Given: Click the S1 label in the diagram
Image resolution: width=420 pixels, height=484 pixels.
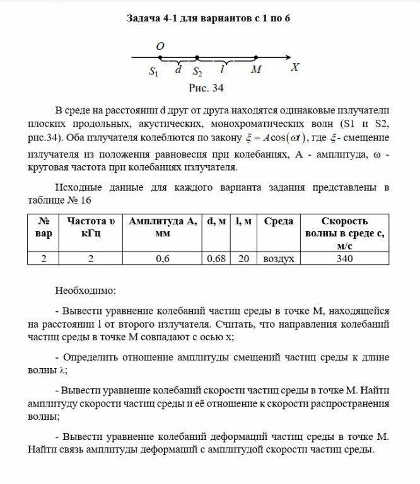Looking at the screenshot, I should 154,71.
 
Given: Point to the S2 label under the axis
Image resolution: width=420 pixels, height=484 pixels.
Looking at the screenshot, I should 197,71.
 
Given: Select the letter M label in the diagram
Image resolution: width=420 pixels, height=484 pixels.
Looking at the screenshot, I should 255,70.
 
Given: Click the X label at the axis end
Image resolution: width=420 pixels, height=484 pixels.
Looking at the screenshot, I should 295,66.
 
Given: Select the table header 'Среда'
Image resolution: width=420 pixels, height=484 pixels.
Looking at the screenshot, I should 278,221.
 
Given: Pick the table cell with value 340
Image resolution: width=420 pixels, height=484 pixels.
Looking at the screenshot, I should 344,258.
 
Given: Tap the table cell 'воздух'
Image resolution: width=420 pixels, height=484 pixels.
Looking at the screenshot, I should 278,258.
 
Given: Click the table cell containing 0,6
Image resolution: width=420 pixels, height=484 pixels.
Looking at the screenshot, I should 163,258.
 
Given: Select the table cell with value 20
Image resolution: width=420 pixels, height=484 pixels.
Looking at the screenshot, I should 244,258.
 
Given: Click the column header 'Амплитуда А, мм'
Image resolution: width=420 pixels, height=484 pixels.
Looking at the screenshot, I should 163,227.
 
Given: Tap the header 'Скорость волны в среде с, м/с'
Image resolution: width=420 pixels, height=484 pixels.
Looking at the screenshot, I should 344,233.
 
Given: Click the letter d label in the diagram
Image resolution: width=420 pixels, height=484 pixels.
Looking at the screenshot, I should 178,70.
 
